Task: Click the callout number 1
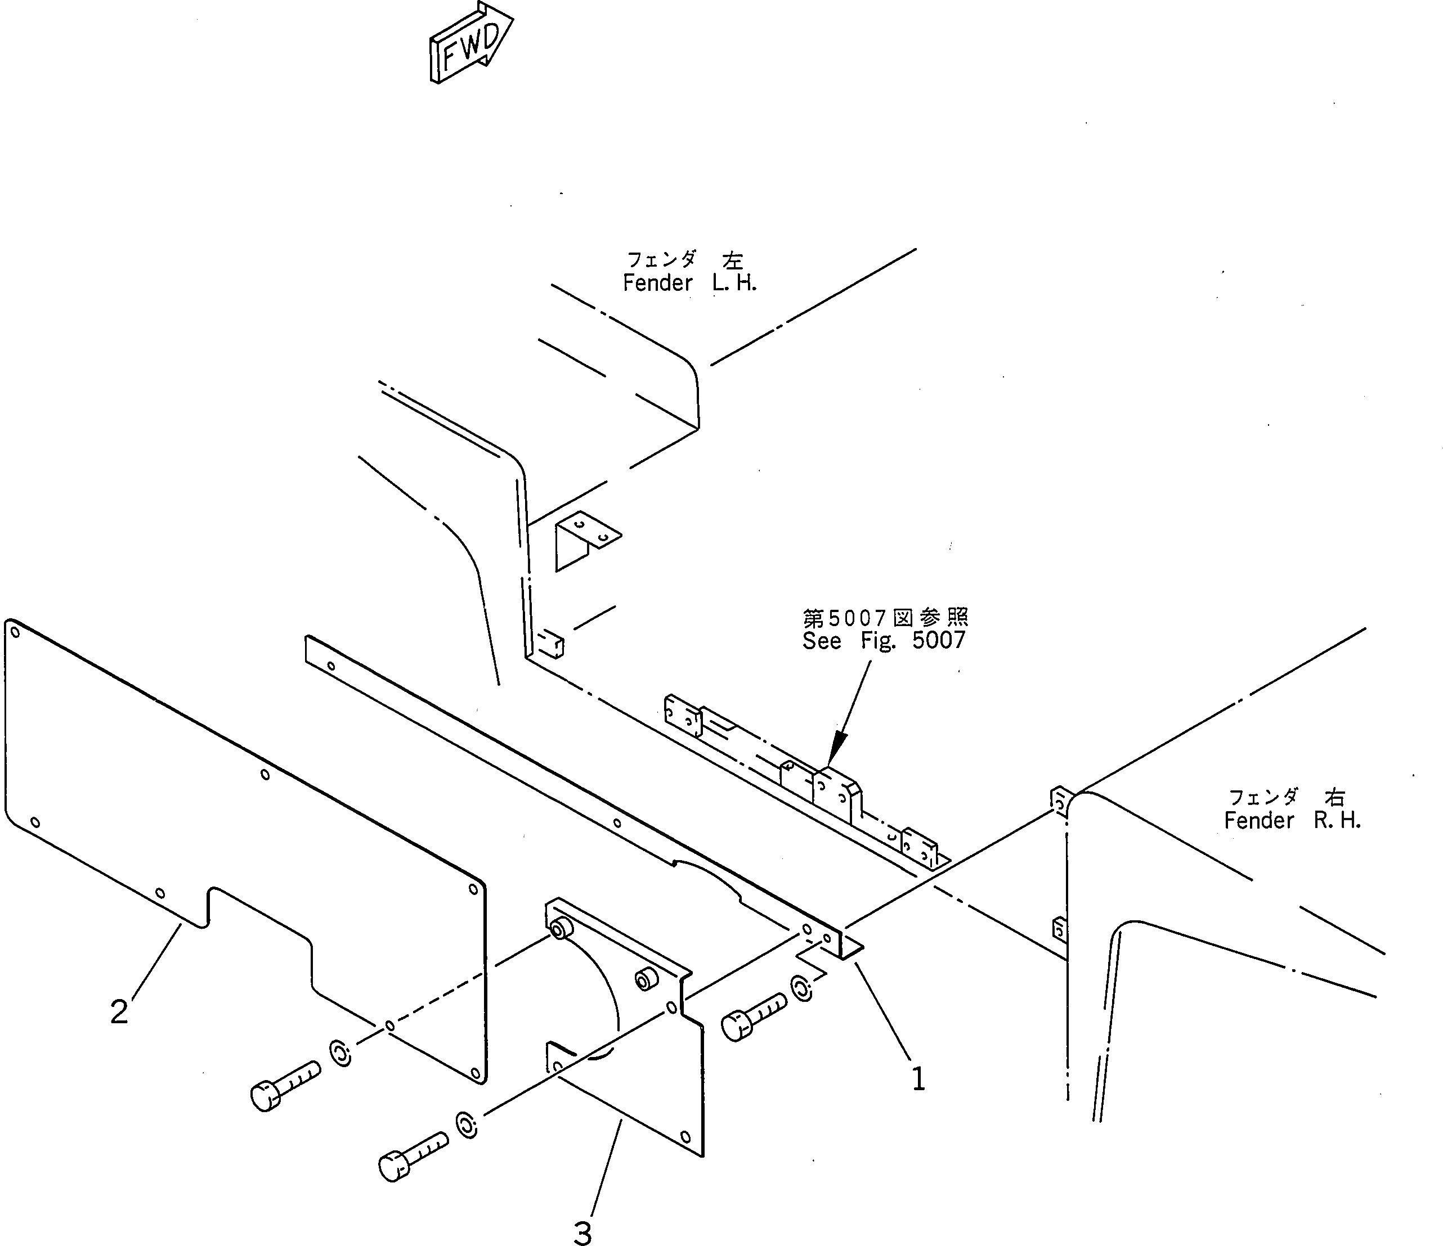point(918,1079)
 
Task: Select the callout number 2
point(119,1011)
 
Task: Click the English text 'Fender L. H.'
point(689,284)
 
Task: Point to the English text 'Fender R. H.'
point(1292,821)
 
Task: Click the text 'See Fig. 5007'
point(884,640)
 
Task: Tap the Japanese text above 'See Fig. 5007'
point(885,618)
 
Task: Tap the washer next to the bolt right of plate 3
point(801,988)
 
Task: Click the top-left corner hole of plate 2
point(15,633)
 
